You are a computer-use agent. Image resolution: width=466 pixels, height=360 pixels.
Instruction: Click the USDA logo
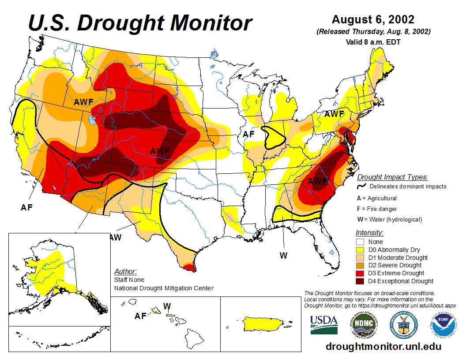point(324,325)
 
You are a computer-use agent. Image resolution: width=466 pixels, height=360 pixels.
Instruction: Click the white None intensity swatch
point(360,242)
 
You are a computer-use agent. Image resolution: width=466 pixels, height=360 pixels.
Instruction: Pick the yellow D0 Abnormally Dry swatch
point(360,250)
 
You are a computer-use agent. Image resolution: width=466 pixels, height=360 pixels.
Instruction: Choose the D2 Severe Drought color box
point(360,265)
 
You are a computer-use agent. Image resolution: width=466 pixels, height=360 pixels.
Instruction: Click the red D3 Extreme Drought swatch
point(360,273)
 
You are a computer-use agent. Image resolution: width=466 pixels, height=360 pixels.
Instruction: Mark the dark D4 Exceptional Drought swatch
point(360,281)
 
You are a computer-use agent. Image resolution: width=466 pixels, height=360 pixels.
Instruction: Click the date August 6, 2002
point(373,20)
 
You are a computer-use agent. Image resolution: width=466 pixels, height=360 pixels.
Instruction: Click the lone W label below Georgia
point(283,255)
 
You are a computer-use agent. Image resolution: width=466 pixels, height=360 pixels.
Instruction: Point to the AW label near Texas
point(115,237)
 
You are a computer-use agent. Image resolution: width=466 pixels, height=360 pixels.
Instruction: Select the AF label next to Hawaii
point(140,316)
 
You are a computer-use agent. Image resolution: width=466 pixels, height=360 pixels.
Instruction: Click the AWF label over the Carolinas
point(317,181)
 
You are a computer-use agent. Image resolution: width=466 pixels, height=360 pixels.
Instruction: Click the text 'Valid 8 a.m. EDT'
point(373,42)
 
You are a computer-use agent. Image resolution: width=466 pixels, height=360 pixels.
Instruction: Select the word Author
point(125,271)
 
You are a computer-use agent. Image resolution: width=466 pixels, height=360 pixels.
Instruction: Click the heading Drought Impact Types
point(392,177)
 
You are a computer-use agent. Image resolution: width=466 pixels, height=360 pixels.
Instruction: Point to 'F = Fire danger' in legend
point(377,209)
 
